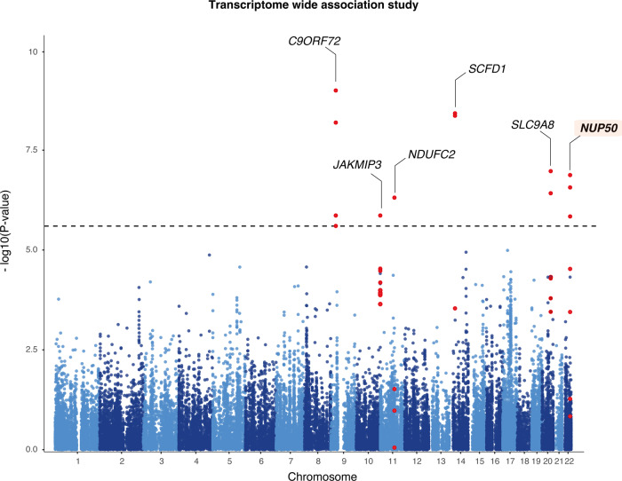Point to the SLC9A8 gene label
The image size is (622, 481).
(532, 124)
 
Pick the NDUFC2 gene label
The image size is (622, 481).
(431, 154)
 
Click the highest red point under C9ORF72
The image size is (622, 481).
(336, 91)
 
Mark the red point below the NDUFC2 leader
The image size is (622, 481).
(395, 197)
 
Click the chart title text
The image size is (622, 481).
(310, 8)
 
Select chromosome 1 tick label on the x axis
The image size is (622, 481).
(77, 461)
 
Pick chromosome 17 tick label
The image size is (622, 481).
(509, 461)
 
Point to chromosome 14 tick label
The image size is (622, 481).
(456, 461)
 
